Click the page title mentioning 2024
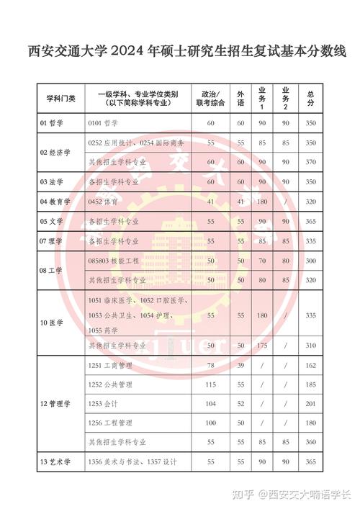[x=180, y=52]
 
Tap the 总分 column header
[x=310, y=99]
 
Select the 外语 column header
[x=241, y=99]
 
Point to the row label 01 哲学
[x=52, y=124]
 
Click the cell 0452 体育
[x=104, y=202]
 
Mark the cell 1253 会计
[x=105, y=404]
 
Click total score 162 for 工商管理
[x=310, y=366]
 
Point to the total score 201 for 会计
[x=310, y=404]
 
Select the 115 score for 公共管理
[x=211, y=385]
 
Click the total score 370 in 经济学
[x=310, y=162]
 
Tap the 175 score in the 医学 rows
[x=263, y=346]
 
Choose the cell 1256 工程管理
[x=110, y=423]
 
